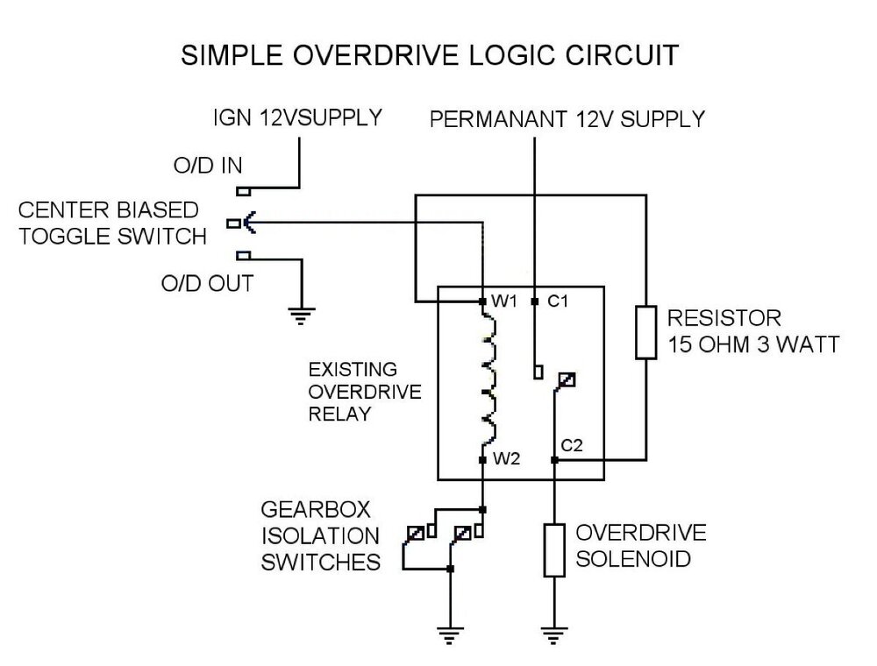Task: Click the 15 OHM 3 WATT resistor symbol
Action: (646, 332)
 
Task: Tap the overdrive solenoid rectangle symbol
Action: (554, 550)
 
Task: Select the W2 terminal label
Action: (510, 459)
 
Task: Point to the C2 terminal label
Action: (573, 446)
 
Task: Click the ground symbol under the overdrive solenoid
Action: (554, 632)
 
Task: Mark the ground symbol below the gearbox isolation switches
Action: (450, 632)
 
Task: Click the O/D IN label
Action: (206, 166)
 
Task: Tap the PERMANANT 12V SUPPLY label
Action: (567, 119)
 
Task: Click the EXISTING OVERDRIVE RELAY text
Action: (353, 390)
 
